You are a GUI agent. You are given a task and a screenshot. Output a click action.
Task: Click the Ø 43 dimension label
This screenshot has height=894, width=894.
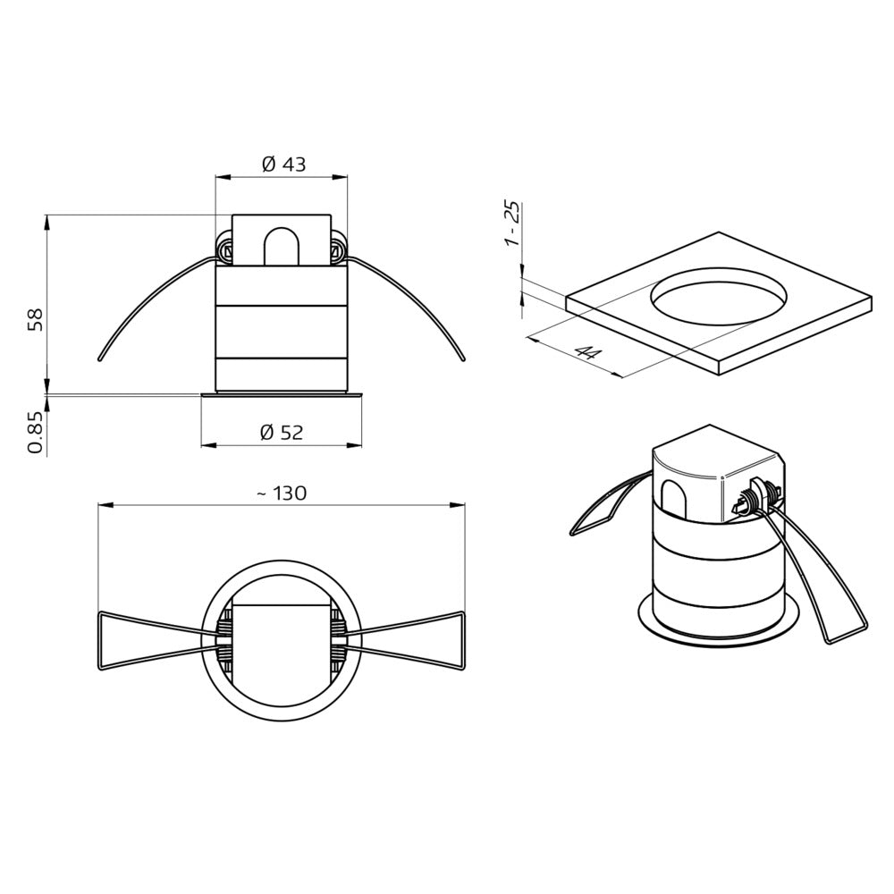click(x=283, y=164)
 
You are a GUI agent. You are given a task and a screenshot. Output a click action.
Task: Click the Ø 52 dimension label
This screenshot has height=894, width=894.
click(x=282, y=433)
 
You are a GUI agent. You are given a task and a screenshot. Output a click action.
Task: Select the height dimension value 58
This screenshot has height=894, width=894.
click(x=35, y=320)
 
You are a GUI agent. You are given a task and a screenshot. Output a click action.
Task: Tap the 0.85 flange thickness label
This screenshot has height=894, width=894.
click(x=35, y=432)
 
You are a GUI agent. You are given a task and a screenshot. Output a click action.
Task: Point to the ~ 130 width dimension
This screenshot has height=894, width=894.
click(x=281, y=493)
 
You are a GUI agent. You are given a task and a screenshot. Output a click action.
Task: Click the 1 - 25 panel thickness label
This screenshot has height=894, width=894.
click(x=511, y=223)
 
